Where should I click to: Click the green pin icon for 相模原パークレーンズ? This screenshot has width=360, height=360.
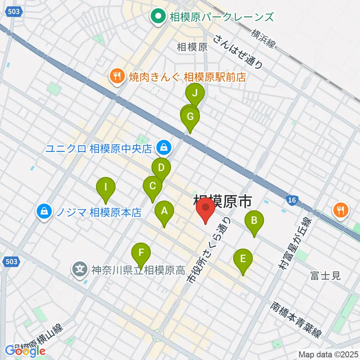[x=158, y=16]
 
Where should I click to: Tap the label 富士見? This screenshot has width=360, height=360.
[x=325, y=276]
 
